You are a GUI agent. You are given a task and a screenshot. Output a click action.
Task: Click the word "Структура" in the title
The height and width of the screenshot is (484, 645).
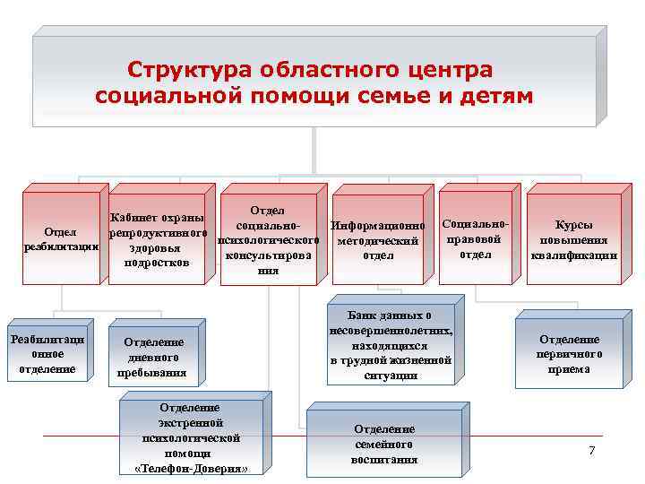188,70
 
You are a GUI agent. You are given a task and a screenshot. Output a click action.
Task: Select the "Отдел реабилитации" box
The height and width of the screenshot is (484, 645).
62,239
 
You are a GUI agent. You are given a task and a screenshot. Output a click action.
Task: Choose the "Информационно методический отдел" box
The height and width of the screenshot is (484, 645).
377,240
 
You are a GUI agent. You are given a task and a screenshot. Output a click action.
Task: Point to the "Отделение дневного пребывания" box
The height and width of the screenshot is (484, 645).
153,358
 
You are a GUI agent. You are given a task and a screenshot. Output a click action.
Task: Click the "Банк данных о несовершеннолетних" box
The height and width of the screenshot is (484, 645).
391,345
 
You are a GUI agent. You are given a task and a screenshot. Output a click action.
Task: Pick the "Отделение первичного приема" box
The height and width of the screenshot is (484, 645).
569,353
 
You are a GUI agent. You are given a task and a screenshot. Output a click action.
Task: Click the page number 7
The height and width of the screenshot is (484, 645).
591,449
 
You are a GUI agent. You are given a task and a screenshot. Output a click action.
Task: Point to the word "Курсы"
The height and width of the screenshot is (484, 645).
573,225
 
